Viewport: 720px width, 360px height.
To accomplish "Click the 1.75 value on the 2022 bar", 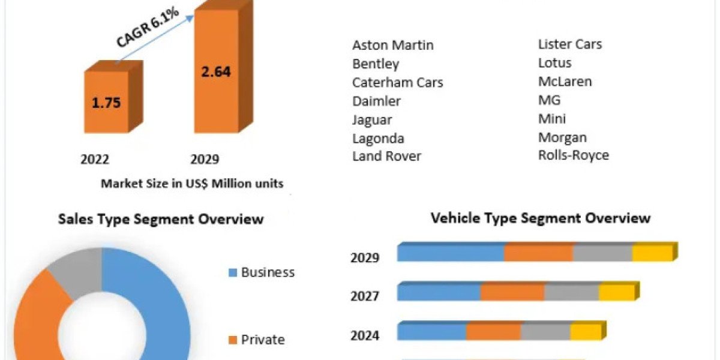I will [x=106, y=102].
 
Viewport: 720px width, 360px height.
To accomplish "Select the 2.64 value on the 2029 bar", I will [x=216, y=71].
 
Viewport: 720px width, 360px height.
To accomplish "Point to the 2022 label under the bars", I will [x=95, y=159].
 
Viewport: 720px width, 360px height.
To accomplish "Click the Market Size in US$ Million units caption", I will [x=192, y=184].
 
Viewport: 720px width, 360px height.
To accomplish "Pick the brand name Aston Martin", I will [x=393, y=45].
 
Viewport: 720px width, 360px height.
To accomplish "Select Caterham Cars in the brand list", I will [x=398, y=82].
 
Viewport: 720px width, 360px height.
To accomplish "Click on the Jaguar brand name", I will [x=372, y=119].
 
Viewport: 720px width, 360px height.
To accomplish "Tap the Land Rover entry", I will [x=386, y=157].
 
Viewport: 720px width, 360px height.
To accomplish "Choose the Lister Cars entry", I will [x=570, y=44].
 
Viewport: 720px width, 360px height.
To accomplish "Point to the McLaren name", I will [x=565, y=81].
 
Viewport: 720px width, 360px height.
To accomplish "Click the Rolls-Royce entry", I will [x=574, y=155].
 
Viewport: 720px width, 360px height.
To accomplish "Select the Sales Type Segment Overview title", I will [x=161, y=219].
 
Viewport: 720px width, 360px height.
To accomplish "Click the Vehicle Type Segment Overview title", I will [x=541, y=218].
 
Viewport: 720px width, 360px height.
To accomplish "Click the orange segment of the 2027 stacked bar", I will [x=512, y=292].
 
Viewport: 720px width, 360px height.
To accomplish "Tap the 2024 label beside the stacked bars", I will [x=365, y=335].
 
